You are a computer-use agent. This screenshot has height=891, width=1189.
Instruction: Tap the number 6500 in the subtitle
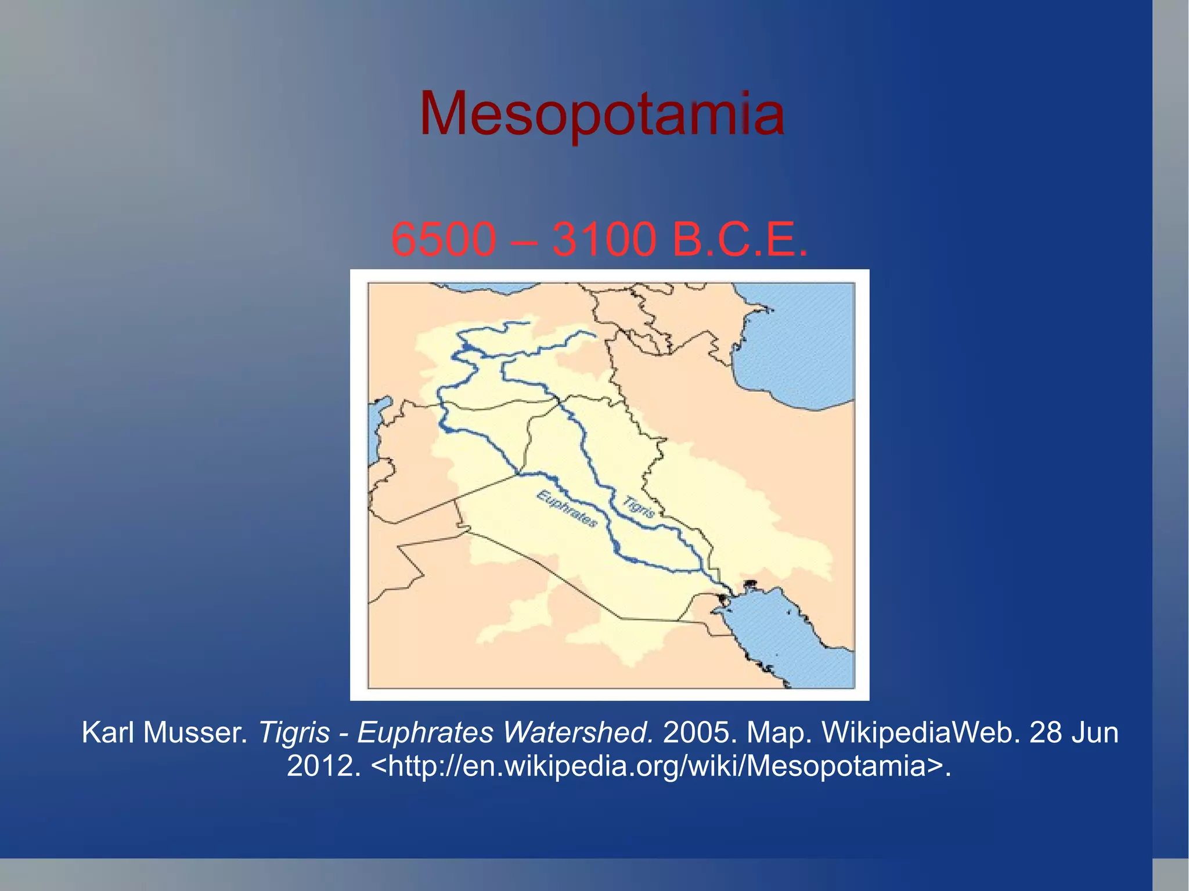point(444,239)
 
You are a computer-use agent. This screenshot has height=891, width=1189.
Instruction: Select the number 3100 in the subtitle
point(604,239)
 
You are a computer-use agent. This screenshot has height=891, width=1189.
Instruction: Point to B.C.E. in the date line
point(739,239)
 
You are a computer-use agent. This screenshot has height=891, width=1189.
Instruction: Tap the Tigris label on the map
point(639,506)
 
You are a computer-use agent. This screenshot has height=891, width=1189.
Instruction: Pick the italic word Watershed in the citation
point(578,733)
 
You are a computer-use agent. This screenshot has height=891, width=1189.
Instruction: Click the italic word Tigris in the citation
point(294,733)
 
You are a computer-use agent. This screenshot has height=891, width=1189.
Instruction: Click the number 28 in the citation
point(1046,733)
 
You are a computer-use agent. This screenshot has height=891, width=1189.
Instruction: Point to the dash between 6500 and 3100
point(524,240)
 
